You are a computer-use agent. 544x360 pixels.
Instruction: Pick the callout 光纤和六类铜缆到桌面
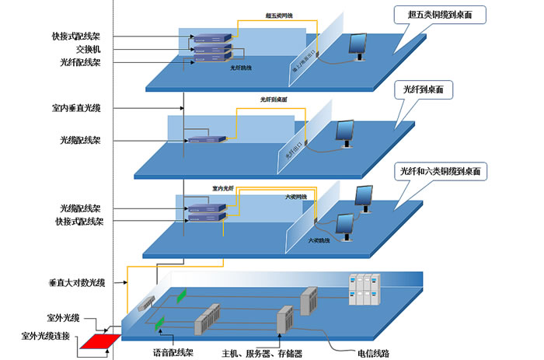click(441, 170)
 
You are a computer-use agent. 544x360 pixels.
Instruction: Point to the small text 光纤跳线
click(242, 68)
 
